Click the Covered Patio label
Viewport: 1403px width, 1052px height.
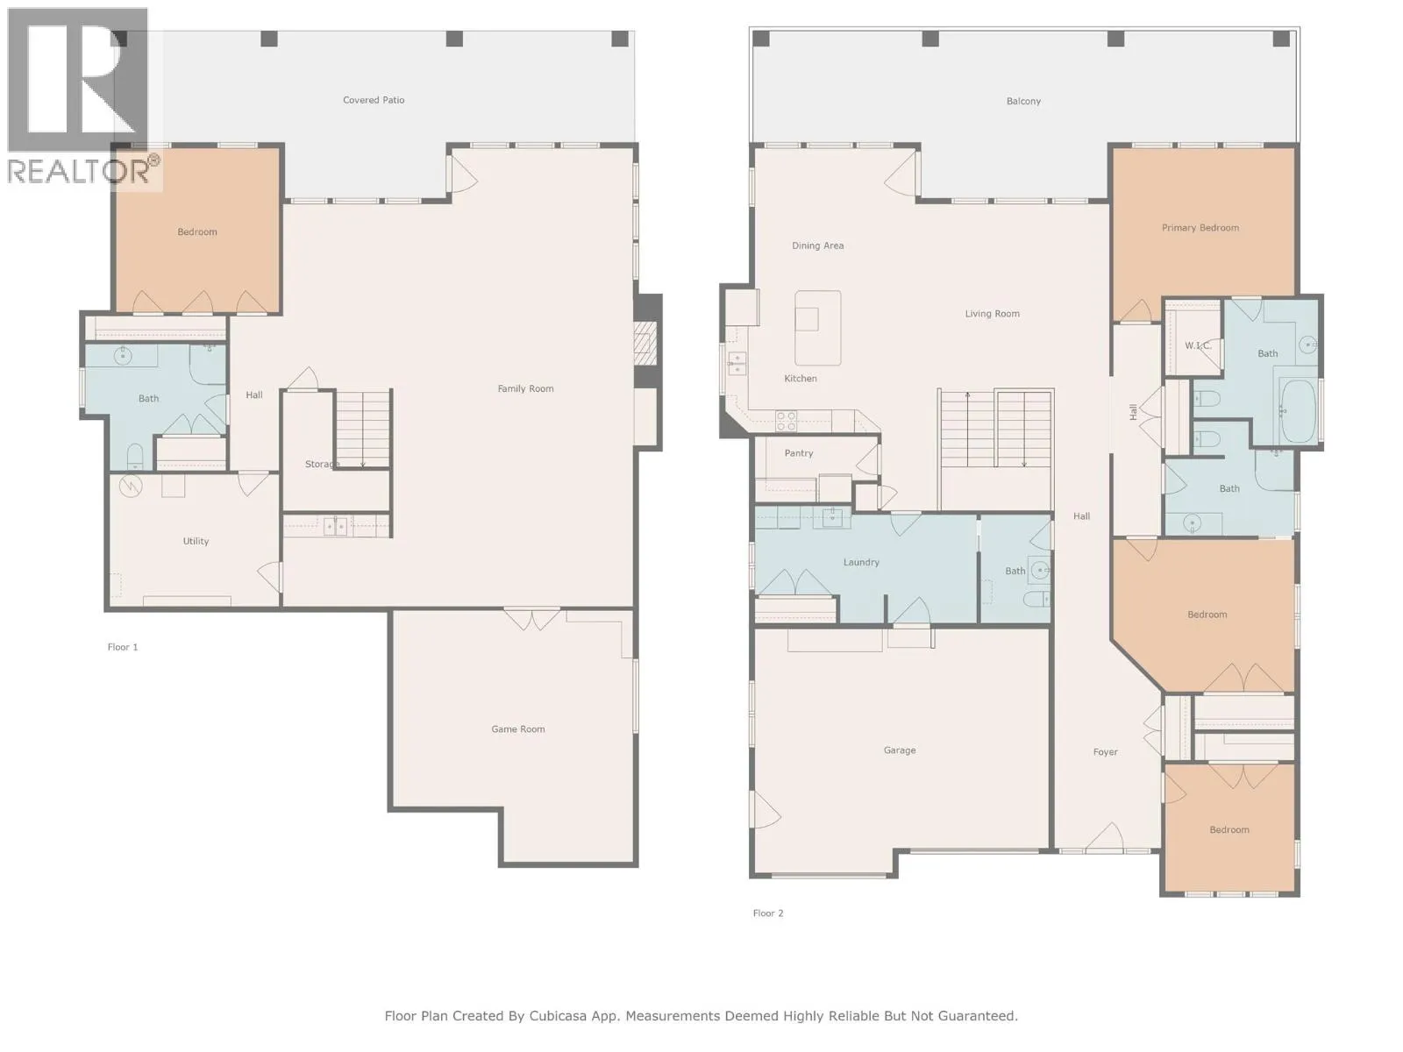[374, 100]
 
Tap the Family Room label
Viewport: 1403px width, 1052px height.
[525, 388]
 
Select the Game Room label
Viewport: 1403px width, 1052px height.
[517, 729]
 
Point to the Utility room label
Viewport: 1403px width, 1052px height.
[196, 541]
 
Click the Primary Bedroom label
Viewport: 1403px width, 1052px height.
[1200, 228]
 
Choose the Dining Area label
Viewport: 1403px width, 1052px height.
[817, 246]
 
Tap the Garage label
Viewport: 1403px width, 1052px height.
[900, 750]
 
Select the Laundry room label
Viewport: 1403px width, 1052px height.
[861, 563]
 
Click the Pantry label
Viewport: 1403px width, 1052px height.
[798, 453]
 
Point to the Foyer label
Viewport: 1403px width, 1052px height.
[1105, 752]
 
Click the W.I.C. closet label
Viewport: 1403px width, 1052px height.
[1197, 345]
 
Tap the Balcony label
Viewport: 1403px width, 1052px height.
[1023, 102]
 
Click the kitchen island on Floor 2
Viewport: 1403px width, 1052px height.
[817, 328]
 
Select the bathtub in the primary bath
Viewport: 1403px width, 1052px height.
[1298, 410]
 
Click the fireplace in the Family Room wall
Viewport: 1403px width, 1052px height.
[645, 343]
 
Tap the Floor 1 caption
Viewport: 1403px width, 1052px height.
[123, 647]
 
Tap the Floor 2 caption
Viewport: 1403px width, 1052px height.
[767, 913]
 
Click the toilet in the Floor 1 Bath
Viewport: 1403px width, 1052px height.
[135, 456]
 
